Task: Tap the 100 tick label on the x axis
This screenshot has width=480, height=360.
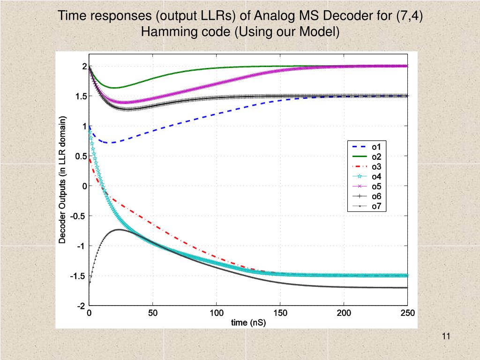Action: click(x=217, y=313)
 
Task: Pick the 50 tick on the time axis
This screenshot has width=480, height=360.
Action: click(x=153, y=313)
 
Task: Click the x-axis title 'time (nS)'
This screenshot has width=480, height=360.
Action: click(x=248, y=322)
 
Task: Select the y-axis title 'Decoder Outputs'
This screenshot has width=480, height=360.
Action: click(x=62, y=179)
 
